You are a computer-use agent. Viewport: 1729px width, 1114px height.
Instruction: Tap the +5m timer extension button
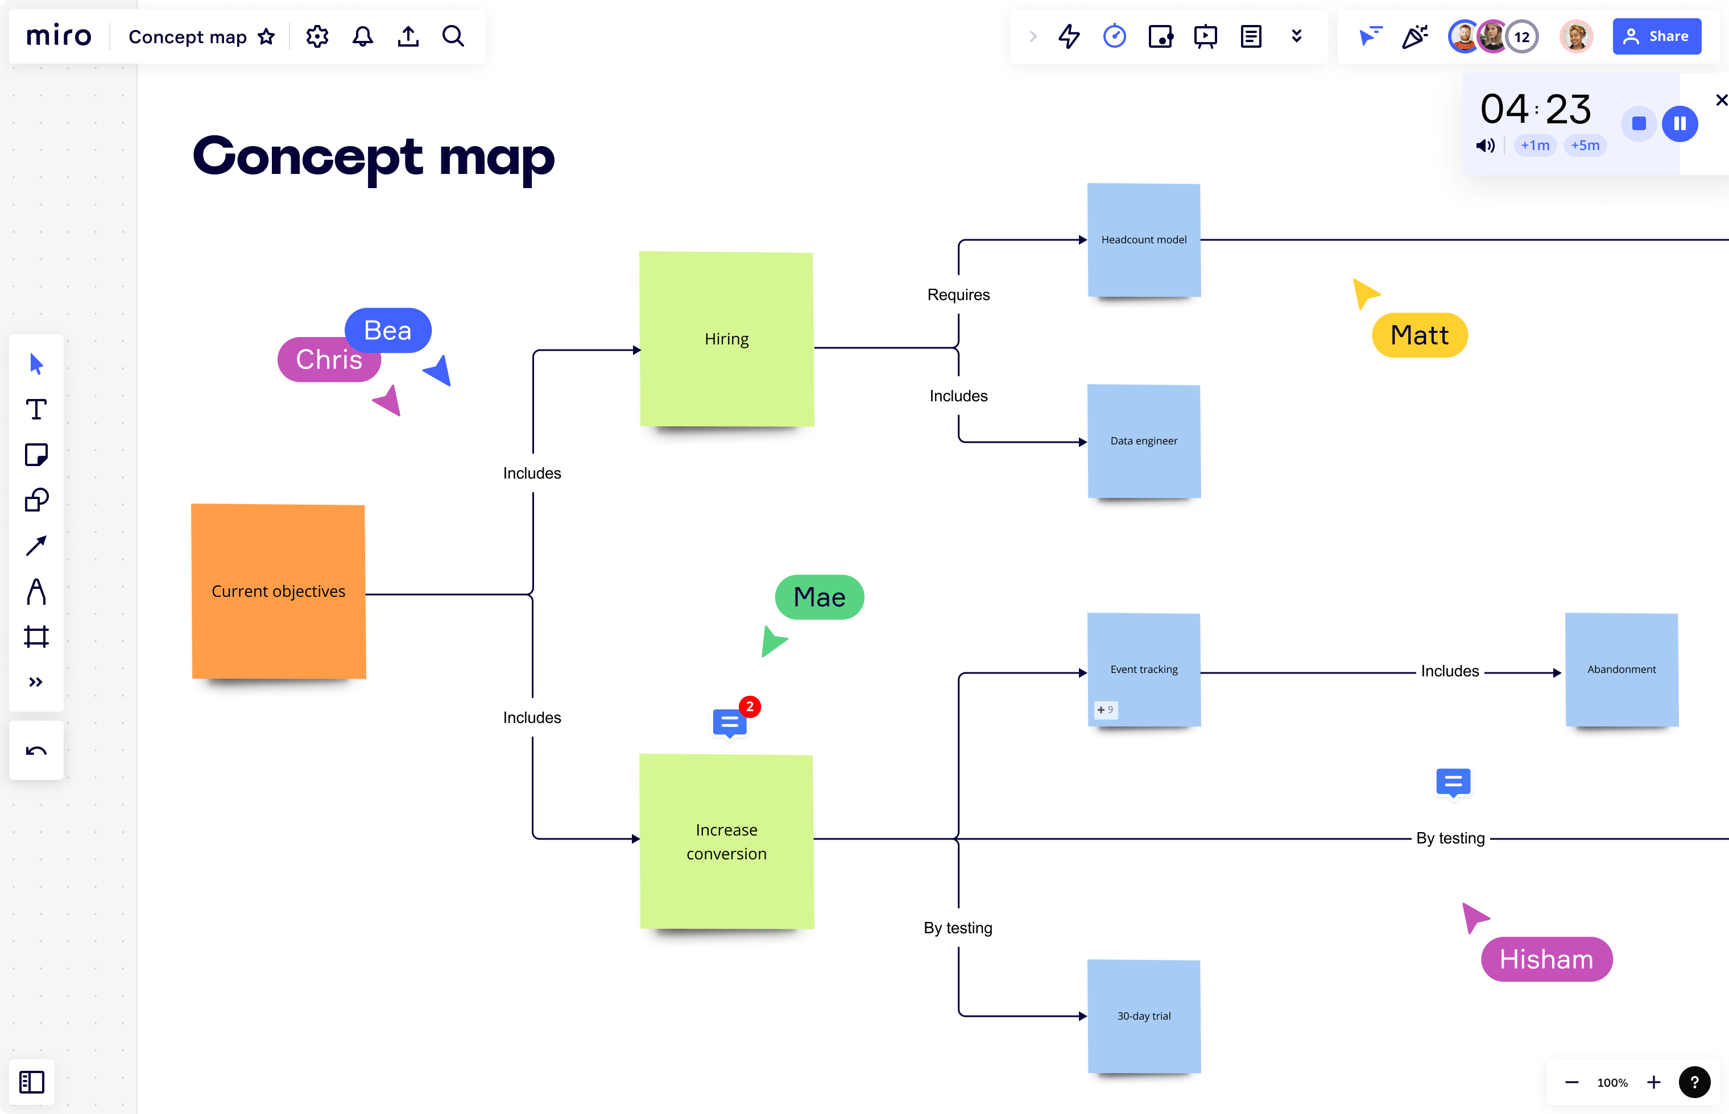click(x=1585, y=146)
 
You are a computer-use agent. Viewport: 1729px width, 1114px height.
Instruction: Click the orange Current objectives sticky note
click(x=278, y=591)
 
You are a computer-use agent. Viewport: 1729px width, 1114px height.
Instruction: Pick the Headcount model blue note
click(x=1144, y=239)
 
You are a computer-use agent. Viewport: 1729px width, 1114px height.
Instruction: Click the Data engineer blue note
click(x=1144, y=440)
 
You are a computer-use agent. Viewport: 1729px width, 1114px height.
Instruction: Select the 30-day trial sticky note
click(x=1144, y=1016)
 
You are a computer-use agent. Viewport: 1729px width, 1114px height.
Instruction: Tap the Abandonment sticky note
click(x=1621, y=669)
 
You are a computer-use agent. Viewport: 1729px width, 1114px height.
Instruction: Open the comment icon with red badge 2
click(x=730, y=722)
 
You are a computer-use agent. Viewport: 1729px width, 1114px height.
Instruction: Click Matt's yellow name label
click(x=1419, y=335)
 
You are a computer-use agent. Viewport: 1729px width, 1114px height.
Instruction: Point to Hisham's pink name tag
click(x=1546, y=959)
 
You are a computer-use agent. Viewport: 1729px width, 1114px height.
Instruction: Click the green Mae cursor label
click(x=819, y=597)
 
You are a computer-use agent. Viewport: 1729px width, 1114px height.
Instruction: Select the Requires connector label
click(x=958, y=294)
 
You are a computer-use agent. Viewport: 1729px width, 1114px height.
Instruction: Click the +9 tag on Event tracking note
click(x=1105, y=710)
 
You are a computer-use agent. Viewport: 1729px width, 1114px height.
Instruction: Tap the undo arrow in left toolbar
click(x=36, y=750)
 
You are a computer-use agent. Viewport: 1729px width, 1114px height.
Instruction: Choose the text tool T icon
click(x=36, y=409)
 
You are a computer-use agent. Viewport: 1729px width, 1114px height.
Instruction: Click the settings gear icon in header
click(x=317, y=36)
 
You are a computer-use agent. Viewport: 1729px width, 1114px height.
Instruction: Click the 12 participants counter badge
click(x=1521, y=37)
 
